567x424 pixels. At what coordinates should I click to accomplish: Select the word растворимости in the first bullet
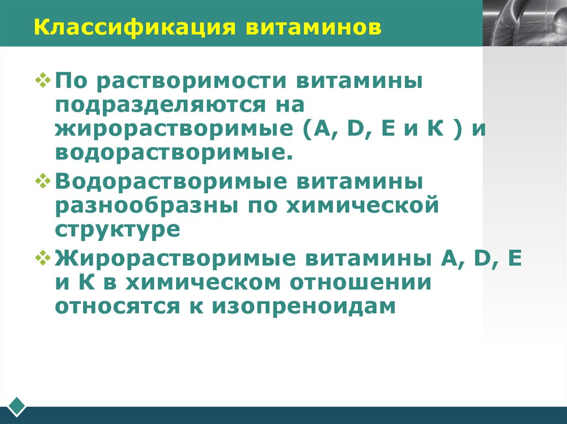click(x=193, y=82)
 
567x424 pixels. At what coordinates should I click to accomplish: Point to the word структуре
click(x=117, y=228)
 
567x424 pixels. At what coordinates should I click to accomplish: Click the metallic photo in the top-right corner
click(x=524, y=23)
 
